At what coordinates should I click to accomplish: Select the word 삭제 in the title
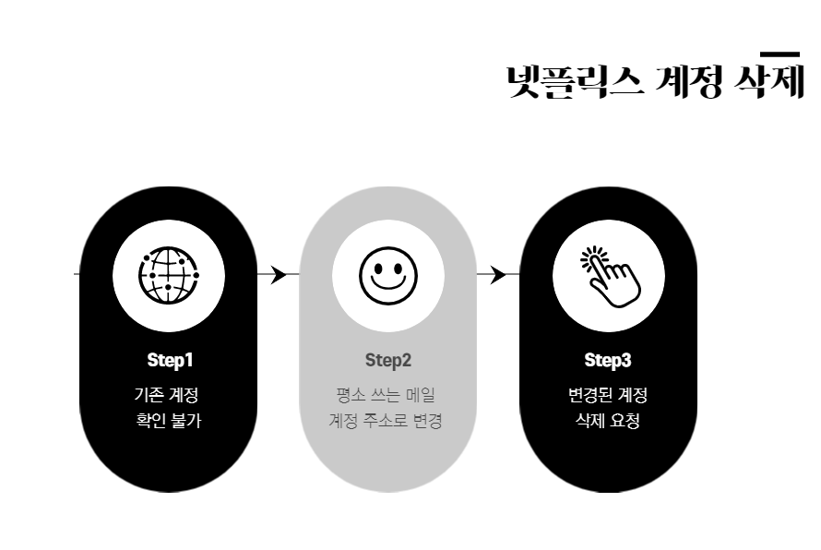click(767, 81)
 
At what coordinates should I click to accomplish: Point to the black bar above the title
click(779, 54)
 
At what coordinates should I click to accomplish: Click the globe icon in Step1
click(169, 275)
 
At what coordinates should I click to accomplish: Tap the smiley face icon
click(388, 275)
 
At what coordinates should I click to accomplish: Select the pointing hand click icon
click(609, 275)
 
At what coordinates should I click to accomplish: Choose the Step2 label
click(388, 359)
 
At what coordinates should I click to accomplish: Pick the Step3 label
click(608, 359)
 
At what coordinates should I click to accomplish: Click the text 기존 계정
click(166, 395)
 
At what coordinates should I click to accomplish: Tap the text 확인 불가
click(168, 422)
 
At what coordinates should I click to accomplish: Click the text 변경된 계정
click(608, 395)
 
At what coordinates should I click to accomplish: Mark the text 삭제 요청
click(608, 422)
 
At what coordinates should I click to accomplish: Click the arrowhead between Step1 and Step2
click(280, 274)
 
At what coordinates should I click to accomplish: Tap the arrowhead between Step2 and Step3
click(498, 274)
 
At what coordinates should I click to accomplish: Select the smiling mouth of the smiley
click(388, 287)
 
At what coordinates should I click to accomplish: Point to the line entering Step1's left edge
click(77, 274)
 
